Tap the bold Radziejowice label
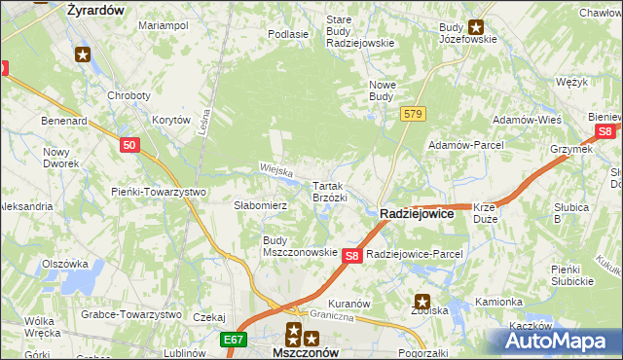click(x=416, y=213)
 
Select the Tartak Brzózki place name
click(x=329, y=191)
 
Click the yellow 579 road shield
click(x=413, y=115)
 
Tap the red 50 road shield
click(x=131, y=144)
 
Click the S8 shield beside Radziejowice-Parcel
click(x=353, y=255)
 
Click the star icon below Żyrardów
click(x=84, y=55)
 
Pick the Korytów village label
click(x=170, y=120)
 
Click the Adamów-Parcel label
click(x=465, y=145)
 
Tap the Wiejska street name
click(x=276, y=170)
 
